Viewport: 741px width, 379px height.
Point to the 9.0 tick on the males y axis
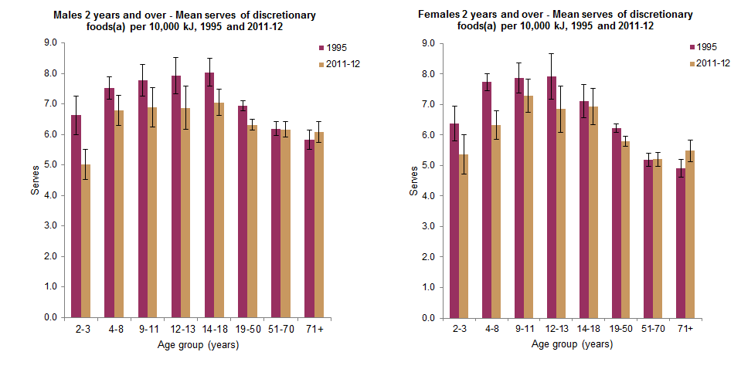52,43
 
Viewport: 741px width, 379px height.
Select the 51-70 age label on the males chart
281,329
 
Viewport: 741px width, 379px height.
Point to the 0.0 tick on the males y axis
52,317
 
